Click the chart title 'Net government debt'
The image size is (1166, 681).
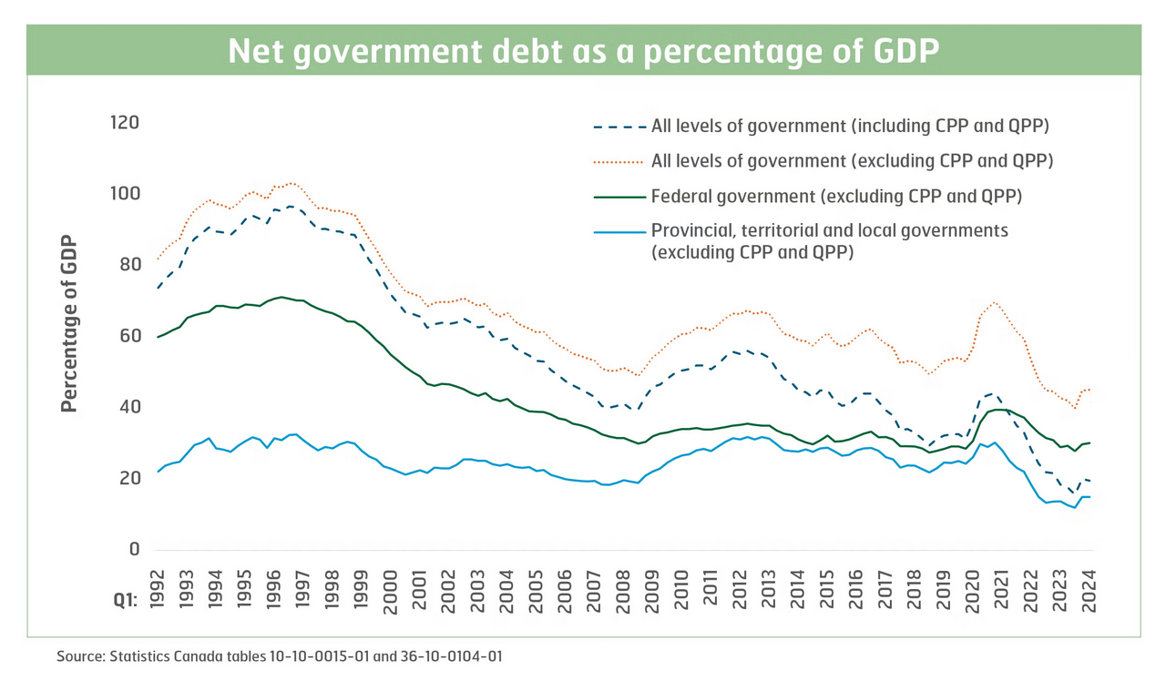(583, 51)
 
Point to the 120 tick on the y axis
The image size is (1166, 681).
(124, 122)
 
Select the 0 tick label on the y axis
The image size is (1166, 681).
(133, 550)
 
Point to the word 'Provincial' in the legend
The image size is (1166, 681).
(690, 231)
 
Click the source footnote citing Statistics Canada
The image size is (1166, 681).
(280, 656)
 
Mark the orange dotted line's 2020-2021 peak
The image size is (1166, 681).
(995, 302)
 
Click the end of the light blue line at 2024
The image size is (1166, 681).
(1089, 497)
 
